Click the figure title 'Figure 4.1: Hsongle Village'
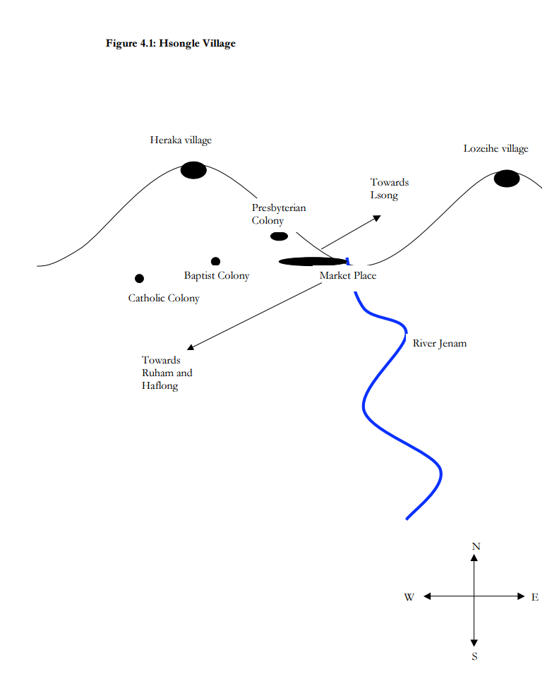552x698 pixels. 170,44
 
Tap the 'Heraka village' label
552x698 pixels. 180,140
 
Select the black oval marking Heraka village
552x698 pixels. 193,170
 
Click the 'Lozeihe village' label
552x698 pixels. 496,149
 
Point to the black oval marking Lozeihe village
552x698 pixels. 506,179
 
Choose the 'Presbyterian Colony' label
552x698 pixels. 278,215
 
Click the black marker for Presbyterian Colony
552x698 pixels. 280,236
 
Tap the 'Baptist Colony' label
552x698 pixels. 217,276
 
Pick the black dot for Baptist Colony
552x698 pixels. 215,262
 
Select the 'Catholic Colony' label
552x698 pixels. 164,299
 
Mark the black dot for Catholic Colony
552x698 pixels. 139,279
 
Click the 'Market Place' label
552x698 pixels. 348,276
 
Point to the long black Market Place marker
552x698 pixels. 313,262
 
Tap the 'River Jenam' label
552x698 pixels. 439,344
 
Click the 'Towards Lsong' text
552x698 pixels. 389,189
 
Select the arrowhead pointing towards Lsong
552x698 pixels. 377,217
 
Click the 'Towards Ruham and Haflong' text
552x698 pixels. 167,373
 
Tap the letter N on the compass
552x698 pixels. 476,546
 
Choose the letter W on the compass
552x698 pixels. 409,598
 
